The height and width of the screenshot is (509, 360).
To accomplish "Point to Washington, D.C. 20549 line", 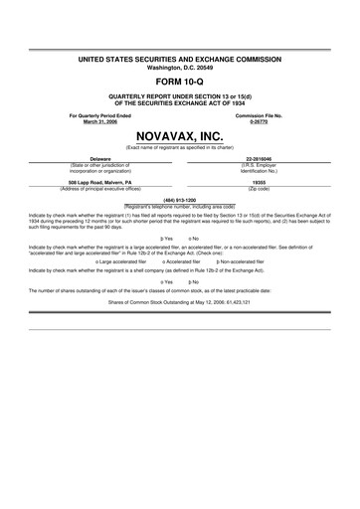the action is tap(180, 68).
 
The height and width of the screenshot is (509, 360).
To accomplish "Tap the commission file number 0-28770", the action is tap(260, 122).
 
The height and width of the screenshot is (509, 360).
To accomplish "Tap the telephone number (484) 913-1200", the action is tap(180, 199).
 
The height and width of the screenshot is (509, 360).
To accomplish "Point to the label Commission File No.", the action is tap(260, 115).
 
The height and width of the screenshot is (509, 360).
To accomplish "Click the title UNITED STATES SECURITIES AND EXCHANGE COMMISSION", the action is tap(180, 60).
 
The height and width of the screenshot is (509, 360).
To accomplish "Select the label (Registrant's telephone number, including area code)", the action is tap(180, 205).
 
